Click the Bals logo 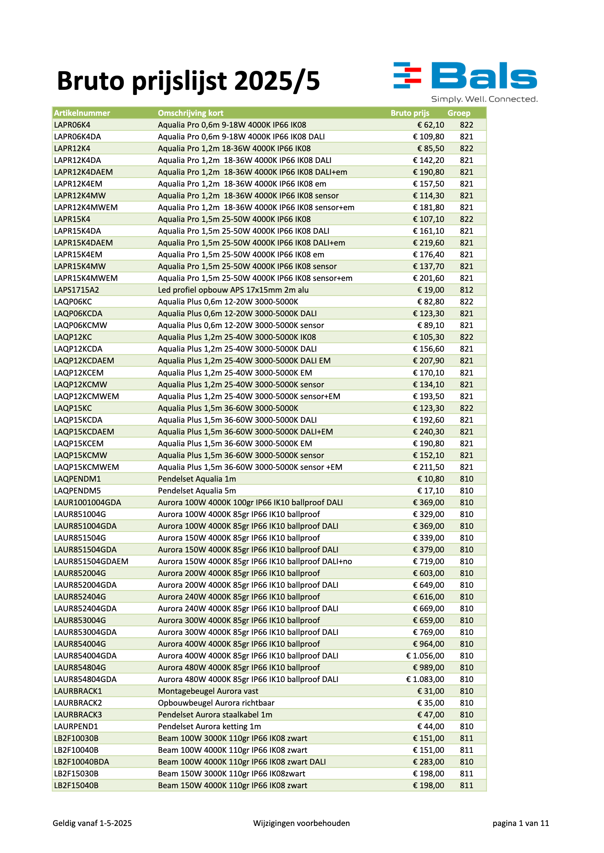coord(465,76)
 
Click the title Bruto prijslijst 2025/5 coord(188,81)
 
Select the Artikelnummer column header coord(82,113)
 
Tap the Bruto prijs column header coord(410,113)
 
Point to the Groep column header coord(459,113)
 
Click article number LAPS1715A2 coord(77,290)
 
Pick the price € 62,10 coord(430,125)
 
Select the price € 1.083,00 coord(425,679)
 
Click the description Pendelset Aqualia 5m coord(197,490)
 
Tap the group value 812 coord(467,290)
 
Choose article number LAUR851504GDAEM coord(91,561)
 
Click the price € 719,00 coord(428,561)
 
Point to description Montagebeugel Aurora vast coord(208,691)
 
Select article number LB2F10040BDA coord(82,761)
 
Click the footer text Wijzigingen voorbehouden coord(301,823)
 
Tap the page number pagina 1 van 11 coord(521,823)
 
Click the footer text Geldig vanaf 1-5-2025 coord(92,823)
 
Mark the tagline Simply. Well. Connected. coord(484,99)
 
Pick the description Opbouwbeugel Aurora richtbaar coord(216,703)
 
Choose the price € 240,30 coord(428,432)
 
